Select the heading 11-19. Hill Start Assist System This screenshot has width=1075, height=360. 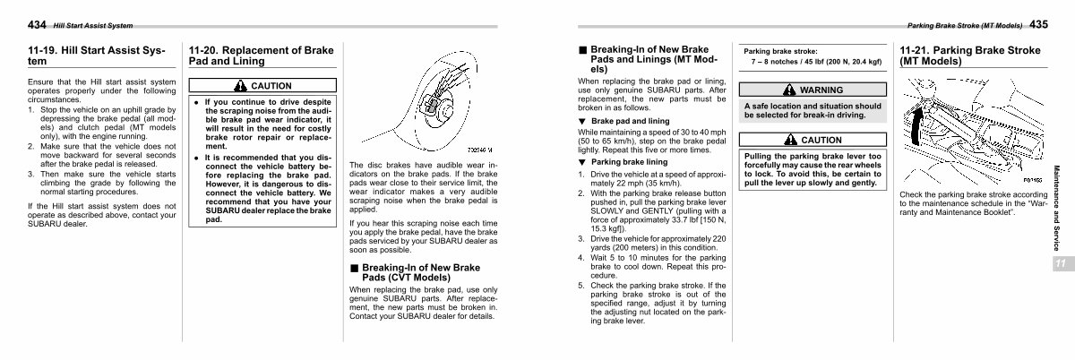point(97,56)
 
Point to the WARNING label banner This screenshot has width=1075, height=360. point(813,90)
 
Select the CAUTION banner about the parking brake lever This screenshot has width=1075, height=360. point(813,140)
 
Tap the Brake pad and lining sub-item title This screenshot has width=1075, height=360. point(630,120)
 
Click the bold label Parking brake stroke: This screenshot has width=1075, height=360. point(780,51)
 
